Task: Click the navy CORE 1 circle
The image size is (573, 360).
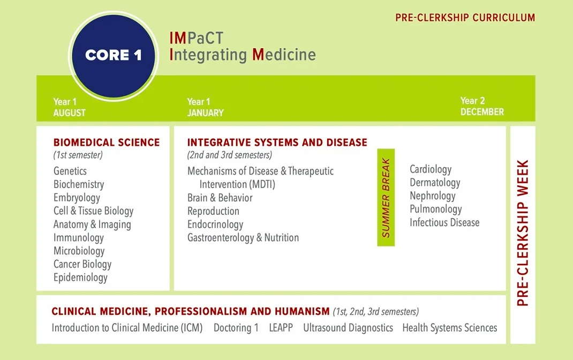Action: click(x=114, y=56)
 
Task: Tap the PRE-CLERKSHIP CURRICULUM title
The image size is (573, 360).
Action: click(x=465, y=18)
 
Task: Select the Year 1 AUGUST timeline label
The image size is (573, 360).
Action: click(x=70, y=108)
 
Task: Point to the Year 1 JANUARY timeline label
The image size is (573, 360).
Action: click(x=206, y=108)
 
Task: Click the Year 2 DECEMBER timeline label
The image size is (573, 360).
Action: click(x=482, y=107)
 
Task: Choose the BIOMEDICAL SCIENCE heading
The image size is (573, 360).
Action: click(x=107, y=142)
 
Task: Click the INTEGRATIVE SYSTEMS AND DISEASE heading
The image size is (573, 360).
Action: click(x=277, y=142)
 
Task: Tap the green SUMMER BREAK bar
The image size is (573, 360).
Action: click(x=386, y=197)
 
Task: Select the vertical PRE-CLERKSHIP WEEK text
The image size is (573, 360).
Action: click(x=523, y=233)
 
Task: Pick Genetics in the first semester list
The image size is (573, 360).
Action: click(x=70, y=171)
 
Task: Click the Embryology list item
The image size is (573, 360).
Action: click(x=77, y=198)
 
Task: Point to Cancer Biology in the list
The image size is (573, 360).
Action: click(x=82, y=264)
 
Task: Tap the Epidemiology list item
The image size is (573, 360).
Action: click(x=80, y=277)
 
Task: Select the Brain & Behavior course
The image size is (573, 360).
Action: click(x=220, y=198)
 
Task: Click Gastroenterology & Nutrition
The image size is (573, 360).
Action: click(x=243, y=237)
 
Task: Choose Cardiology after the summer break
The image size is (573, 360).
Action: click(x=431, y=169)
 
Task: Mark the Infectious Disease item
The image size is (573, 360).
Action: click(x=444, y=222)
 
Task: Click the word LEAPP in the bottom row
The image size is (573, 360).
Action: click(x=281, y=327)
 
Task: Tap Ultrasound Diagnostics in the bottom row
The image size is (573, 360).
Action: click(x=348, y=328)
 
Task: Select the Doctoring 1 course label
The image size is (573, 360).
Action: click(x=236, y=328)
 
